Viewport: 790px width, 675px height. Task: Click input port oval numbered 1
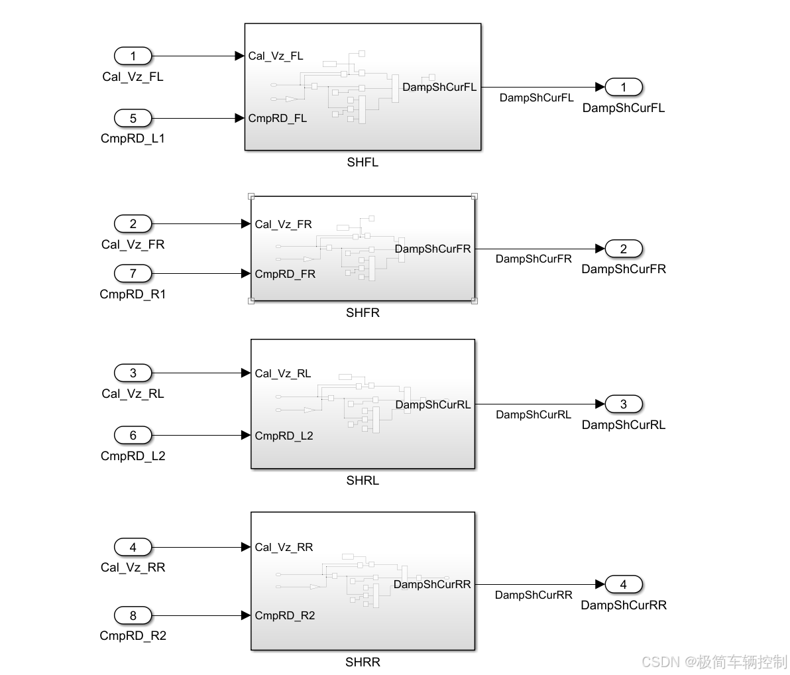(x=133, y=56)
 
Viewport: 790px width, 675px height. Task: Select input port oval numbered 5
(x=133, y=118)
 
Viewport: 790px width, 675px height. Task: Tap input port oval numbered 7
(x=133, y=273)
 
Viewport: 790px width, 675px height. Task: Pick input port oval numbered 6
(x=133, y=435)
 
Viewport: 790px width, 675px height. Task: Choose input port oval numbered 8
(x=133, y=615)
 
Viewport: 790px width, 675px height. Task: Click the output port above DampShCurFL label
(x=623, y=87)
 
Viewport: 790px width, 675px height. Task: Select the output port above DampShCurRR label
(x=623, y=584)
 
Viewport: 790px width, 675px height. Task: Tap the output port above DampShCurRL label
(x=623, y=404)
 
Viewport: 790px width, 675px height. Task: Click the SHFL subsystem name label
(x=363, y=162)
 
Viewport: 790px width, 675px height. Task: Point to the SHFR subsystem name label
(x=363, y=313)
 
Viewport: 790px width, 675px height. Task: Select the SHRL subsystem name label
(x=363, y=481)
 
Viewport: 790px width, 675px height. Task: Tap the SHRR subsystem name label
(x=363, y=662)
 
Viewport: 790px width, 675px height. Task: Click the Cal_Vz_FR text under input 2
(x=133, y=245)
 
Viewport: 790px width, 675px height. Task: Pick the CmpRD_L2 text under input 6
(x=133, y=456)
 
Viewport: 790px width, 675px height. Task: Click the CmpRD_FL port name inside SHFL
(x=277, y=119)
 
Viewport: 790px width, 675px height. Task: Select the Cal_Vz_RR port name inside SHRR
(x=284, y=547)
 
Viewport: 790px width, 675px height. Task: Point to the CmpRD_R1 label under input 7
(x=133, y=294)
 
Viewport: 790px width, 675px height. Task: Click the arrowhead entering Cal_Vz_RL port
(x=246, y=373)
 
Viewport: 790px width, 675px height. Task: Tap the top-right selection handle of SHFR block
(x=474, y=196)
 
